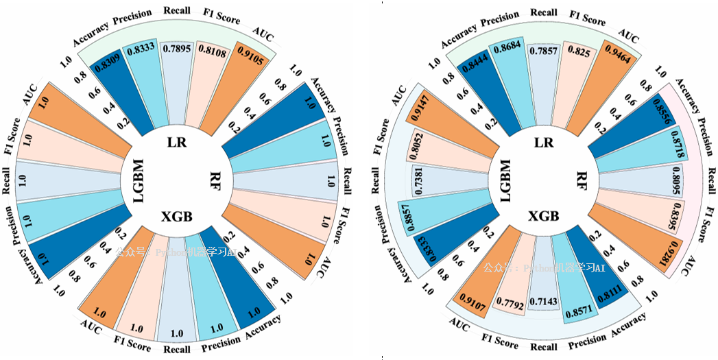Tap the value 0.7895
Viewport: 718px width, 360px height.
178,49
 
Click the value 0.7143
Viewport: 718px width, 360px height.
543,309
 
